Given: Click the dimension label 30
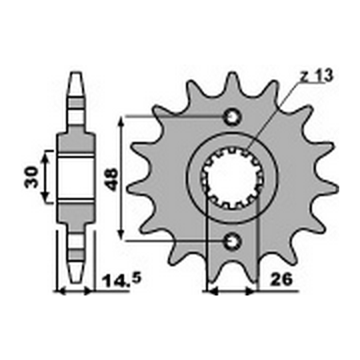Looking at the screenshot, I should [x=29, y=177].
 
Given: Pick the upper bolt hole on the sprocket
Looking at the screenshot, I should [x=233, y=117].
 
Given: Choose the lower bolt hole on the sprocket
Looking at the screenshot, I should [x=233, y=241].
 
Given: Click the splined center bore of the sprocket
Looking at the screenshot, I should [x=232, y=178].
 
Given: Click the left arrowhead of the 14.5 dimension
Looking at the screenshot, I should [x=58, y=292].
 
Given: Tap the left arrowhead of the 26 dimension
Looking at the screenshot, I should [x=209, y=292].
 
